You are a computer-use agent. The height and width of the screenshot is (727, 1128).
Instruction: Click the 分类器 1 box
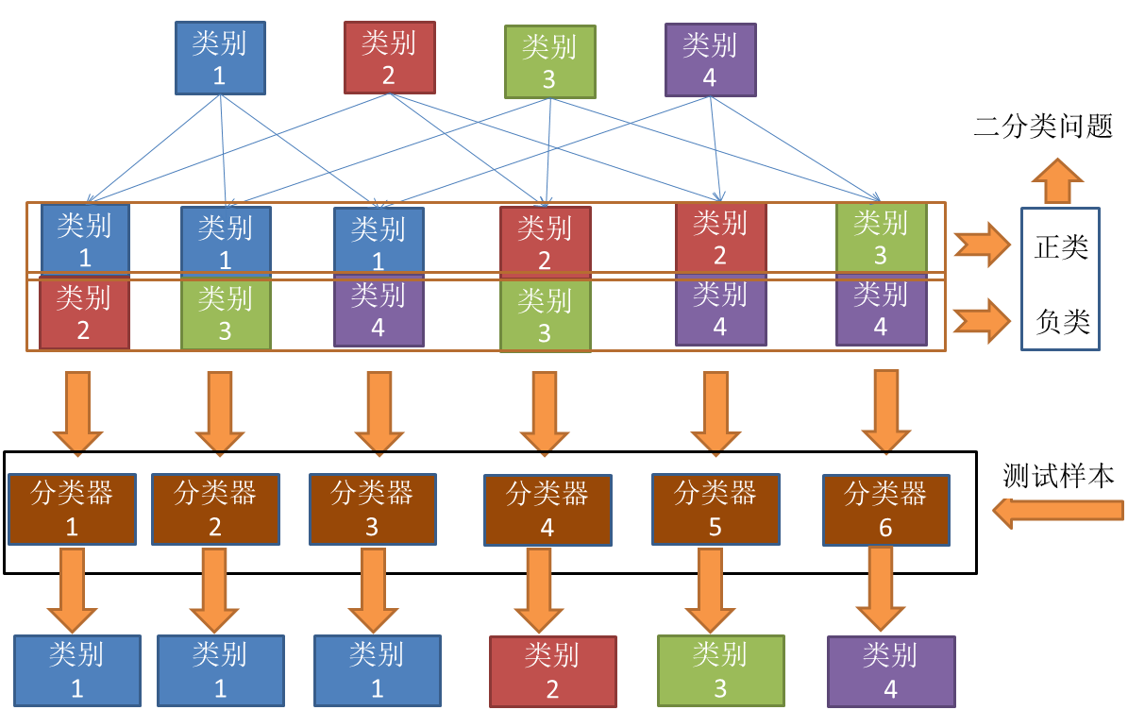click(x=72, y=509)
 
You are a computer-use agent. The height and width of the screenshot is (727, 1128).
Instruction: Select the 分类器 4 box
click(x=547, y=510)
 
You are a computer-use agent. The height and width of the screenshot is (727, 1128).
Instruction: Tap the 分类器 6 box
click(x=884, y=510)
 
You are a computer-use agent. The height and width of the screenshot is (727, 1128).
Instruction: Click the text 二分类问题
click(x=1043, y=127)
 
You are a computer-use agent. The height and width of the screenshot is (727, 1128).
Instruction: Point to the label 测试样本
click(x=1058, y=475)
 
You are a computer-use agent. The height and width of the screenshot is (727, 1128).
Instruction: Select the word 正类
click(x=1061, y=247)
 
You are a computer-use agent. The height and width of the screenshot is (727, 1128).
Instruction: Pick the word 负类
click(x=1062, y=322)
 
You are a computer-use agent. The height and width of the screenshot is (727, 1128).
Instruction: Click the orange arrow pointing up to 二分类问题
click(x=1058, y=179)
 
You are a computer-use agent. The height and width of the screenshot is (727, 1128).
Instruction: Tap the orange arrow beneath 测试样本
click(x=1058, y=511)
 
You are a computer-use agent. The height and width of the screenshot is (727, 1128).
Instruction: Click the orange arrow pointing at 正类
click(x=982, y=245)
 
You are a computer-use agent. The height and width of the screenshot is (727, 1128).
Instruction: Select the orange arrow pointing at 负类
click(x=982, y=321)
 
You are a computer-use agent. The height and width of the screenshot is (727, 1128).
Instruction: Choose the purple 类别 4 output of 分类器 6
click(x=890, y=671)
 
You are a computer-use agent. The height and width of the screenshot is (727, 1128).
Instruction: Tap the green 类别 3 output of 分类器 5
click(x=720, y=670)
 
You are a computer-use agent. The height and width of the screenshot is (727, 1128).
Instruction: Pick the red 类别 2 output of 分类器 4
click(x=552, y=671)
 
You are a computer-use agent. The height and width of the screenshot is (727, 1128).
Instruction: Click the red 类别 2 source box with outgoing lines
click(x=389, y=59)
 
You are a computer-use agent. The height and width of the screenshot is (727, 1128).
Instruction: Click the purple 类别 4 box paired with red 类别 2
click(x=720, y=311)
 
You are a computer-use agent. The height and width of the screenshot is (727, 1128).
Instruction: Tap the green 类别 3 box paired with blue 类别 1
click(x=225, y=314)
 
